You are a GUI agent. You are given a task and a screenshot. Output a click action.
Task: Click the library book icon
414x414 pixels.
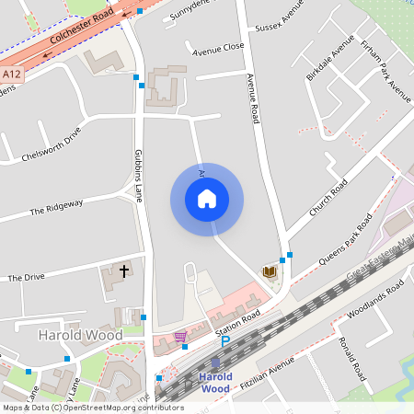click(270, 271)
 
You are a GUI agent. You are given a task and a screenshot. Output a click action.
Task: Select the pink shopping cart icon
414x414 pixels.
click(180, 338)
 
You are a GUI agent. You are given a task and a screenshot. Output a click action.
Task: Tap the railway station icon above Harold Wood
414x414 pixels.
click(215, 363)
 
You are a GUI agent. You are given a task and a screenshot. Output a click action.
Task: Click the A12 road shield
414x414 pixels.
click(12, 74)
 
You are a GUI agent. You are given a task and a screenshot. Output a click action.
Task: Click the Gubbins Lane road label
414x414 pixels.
click(140, 175)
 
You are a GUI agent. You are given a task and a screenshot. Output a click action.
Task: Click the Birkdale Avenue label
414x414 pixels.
click(330, 58)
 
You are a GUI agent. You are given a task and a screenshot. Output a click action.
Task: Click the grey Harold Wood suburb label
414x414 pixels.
click(81, 335)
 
